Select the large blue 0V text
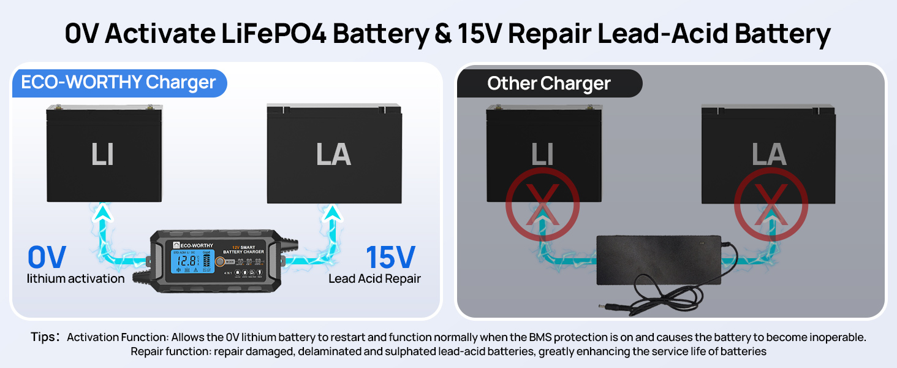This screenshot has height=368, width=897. (47, 258)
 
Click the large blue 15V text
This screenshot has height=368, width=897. (390, 258)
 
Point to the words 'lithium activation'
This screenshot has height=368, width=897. (75, 278)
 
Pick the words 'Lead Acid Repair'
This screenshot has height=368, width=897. (374, 278)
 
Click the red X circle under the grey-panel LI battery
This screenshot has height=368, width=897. (542, 204)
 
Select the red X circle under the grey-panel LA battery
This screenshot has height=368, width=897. (771, 204)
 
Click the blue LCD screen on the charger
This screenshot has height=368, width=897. (187, 265)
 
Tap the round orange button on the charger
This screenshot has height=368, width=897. (219, 262)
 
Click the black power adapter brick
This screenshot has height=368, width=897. (659, 261)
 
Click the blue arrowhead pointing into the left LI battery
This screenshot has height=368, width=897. (104, 212)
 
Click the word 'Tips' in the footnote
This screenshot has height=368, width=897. (45, 337)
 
